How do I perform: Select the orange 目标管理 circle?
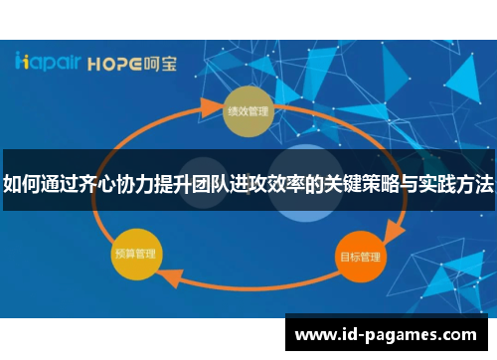click(359, 256)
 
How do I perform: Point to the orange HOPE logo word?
click(117, 63)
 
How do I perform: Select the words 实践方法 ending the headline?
click(457, 183)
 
